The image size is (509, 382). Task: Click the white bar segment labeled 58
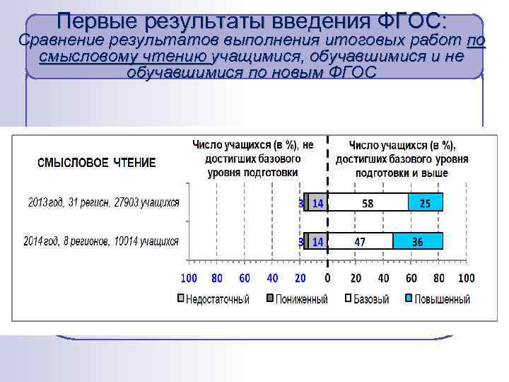(368, 203)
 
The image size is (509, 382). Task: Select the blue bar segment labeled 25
(425, 203)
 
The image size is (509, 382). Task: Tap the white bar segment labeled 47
(361, 241)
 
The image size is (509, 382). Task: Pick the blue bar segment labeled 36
(418, 241)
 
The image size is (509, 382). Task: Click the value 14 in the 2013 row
(317, 203)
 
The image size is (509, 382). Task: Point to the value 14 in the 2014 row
(317, 241)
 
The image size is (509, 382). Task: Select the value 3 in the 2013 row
(301, 203)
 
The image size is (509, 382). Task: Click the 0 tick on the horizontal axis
(327, 278)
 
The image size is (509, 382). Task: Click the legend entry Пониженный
(301, 299)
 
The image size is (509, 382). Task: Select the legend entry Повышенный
(442, 299)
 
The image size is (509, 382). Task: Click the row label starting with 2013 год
(103, 203)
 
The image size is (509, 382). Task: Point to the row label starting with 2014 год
(101, 241)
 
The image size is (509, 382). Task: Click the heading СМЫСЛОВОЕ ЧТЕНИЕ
(96, 163)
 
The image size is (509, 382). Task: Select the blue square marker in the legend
(409, 299)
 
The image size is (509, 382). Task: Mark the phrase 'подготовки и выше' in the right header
(401, 173)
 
